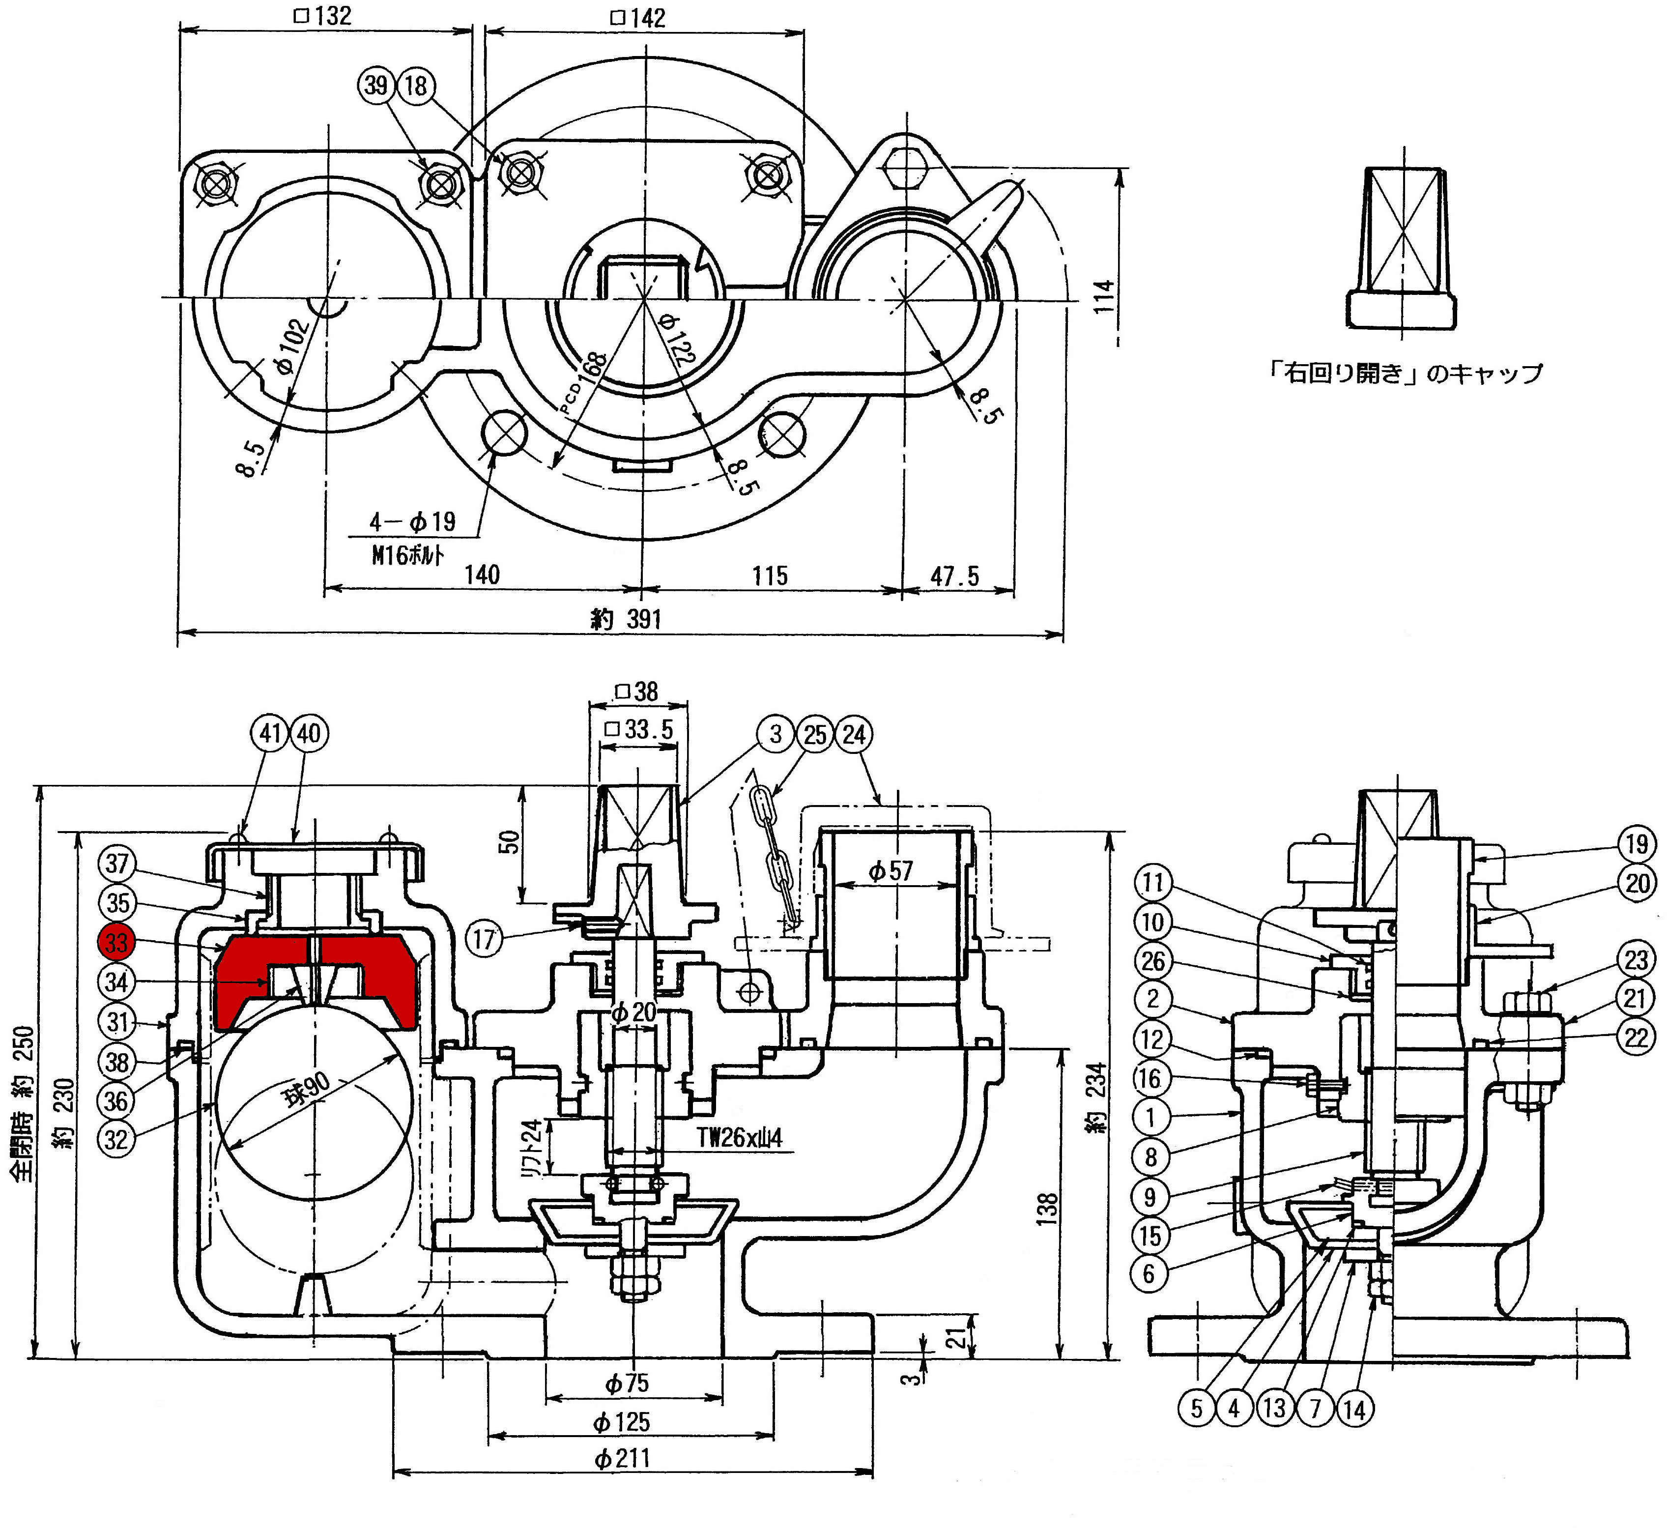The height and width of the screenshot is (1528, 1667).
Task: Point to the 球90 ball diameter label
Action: pos(306,1089)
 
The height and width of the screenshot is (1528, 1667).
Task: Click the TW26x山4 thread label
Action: pos(739,1138)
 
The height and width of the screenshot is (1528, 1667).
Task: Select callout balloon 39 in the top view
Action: pos(376,85)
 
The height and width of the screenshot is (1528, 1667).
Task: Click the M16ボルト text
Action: pos(407,554)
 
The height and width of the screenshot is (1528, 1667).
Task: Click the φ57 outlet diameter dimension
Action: pos(891,871)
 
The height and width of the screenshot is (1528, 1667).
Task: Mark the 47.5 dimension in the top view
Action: pos(955,577)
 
